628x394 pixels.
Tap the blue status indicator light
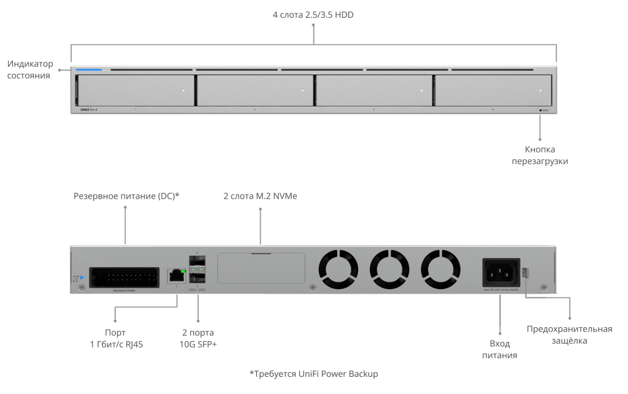tap(90, 70)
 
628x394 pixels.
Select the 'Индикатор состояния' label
tap(30, 69)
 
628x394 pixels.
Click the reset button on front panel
tap(541, 110)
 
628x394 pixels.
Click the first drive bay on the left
tap(136, 91)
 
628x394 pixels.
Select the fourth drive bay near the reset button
tap(492, 91)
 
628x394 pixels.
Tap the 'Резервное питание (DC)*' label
tap(126, 196)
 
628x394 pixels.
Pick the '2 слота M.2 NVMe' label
tap(260, 196)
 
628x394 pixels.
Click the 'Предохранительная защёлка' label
tap(569, 335)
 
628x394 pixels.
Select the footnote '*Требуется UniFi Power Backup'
tap(313, 373)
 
